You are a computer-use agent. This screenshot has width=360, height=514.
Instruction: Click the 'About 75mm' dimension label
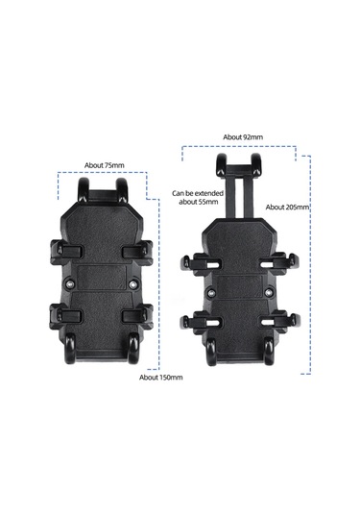coord(105,165)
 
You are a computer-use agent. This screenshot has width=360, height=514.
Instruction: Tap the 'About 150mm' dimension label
coord(161,378)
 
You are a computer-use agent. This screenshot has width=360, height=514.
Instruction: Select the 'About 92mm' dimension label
coord(243,137)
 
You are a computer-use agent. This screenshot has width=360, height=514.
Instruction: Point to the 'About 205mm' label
coord(287,208)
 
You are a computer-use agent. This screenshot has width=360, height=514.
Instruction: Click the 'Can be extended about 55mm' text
coord(198,198)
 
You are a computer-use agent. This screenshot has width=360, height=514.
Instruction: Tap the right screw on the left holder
coord(132,284)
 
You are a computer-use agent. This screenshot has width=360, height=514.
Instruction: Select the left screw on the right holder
coord(211,292)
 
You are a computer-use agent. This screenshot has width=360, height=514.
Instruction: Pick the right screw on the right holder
coord(269,292)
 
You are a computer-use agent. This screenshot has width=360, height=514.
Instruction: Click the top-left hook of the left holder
coord(83,189)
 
